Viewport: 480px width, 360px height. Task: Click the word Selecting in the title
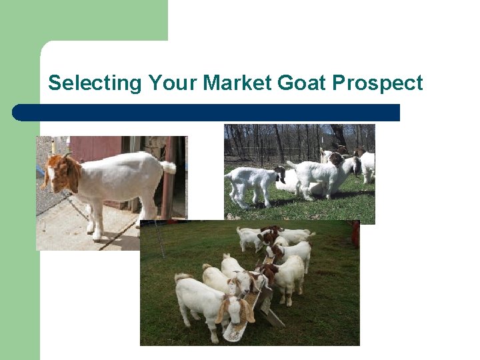95,83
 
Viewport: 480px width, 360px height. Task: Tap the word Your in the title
173,83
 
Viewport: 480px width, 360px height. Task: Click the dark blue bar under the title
207,113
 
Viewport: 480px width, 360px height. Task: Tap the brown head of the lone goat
64,173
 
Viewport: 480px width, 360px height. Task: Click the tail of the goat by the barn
168,167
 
